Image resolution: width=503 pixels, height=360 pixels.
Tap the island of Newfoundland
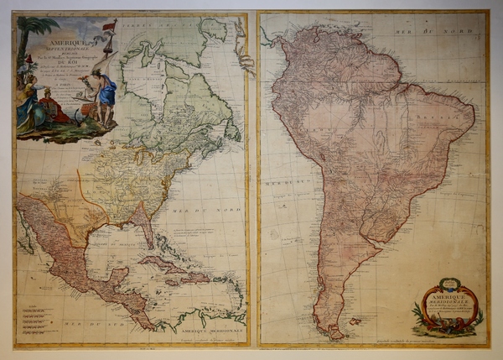tap(232, 132)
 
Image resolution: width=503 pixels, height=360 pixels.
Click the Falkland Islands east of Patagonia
tap(355, 320)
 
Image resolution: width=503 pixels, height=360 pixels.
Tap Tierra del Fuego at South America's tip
tap(334, 332)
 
